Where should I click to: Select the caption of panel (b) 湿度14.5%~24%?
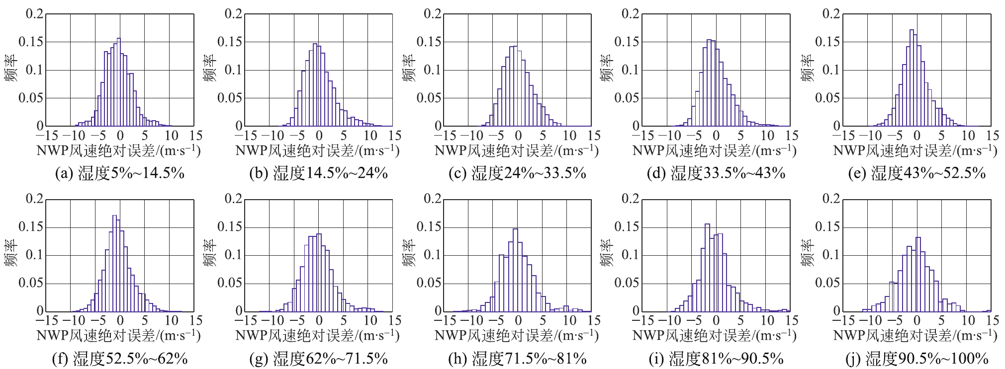pos(318,173)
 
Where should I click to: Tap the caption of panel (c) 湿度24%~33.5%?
pos(518,173)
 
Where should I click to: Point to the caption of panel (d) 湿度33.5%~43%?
pos(716,173)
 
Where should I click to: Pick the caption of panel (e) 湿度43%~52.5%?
pos(916,173)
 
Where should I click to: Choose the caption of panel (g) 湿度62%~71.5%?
pos(318,359)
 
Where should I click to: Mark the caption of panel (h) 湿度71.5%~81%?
pos(518,359)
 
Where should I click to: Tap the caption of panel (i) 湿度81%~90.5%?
pos(716,359)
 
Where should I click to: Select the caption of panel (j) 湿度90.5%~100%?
pos(916,359)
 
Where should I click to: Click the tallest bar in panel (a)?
pos(119,82)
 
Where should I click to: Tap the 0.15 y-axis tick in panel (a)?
pos(31,42)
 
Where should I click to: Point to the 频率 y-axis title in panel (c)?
pos(408,69)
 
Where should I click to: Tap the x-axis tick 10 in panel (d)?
pos(767,136)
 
